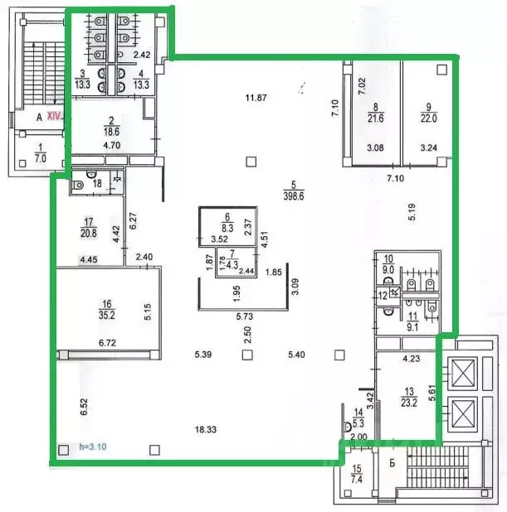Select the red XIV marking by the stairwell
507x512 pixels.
click(x=56, y=117)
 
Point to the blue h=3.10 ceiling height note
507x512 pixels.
click(x=94, y=447)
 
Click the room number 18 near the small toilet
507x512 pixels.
click(x=97, y=184)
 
